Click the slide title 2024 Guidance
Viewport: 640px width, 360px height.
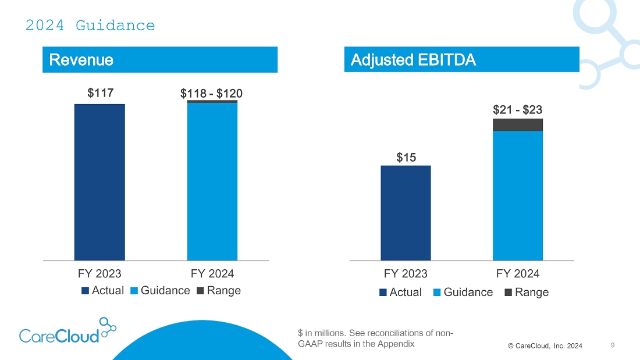point(90,26)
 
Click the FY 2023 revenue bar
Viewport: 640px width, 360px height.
point(99,182)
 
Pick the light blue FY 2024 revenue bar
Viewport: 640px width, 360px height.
point(212,182)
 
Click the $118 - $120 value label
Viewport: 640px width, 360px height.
point(212,92)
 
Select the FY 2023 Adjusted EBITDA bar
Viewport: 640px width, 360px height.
point(406,213)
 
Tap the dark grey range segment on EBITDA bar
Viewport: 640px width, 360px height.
point(518,124)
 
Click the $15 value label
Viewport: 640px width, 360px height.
point(406,157)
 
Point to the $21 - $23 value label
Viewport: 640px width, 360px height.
point(518,109)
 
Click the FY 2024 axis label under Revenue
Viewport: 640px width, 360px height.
point(212,273)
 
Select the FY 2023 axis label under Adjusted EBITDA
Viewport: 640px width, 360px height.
point(406,273)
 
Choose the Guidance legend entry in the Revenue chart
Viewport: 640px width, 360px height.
point(160,290)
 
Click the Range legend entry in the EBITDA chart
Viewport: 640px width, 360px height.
point(526,292)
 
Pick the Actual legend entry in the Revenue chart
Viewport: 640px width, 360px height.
point(103,290)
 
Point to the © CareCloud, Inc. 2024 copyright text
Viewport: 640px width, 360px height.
point(545,346)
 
